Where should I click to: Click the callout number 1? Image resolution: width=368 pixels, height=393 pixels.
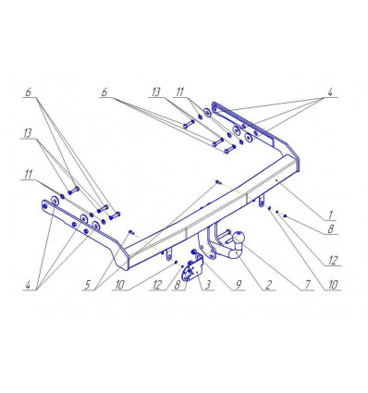click(x=330, y=215)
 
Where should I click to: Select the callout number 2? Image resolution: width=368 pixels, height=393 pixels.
click(x=268, y=285)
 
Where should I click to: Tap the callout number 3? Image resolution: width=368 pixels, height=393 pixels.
click(x=207, y=285)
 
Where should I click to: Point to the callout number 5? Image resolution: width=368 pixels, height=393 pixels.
click(x=87, y=285)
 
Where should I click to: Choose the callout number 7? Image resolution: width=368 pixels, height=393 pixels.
click(x=307, y=285)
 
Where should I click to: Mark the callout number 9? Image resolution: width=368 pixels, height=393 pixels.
click(x=238, y=285)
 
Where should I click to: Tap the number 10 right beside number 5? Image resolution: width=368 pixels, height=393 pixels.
click(x=119, y=285)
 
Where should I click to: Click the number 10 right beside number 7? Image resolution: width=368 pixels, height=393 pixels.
click(x=333, y=285)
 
